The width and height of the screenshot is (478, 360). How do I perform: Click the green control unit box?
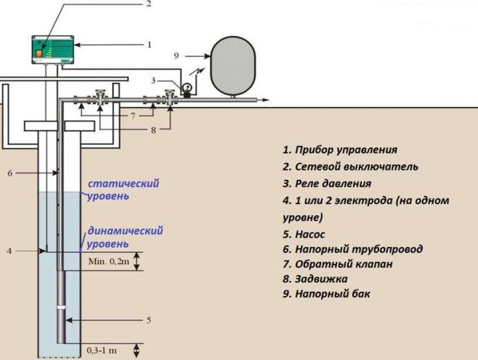53,49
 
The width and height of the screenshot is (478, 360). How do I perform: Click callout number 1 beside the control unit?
149,45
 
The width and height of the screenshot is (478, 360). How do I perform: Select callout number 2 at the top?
148,4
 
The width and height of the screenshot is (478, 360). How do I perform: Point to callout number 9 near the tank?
176,56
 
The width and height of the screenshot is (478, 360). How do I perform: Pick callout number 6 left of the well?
10,173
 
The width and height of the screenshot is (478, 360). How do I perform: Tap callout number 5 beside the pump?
149,320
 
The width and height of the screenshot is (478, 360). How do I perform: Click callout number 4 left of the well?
9,251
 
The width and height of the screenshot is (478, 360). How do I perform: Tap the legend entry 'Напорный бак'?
326,293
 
